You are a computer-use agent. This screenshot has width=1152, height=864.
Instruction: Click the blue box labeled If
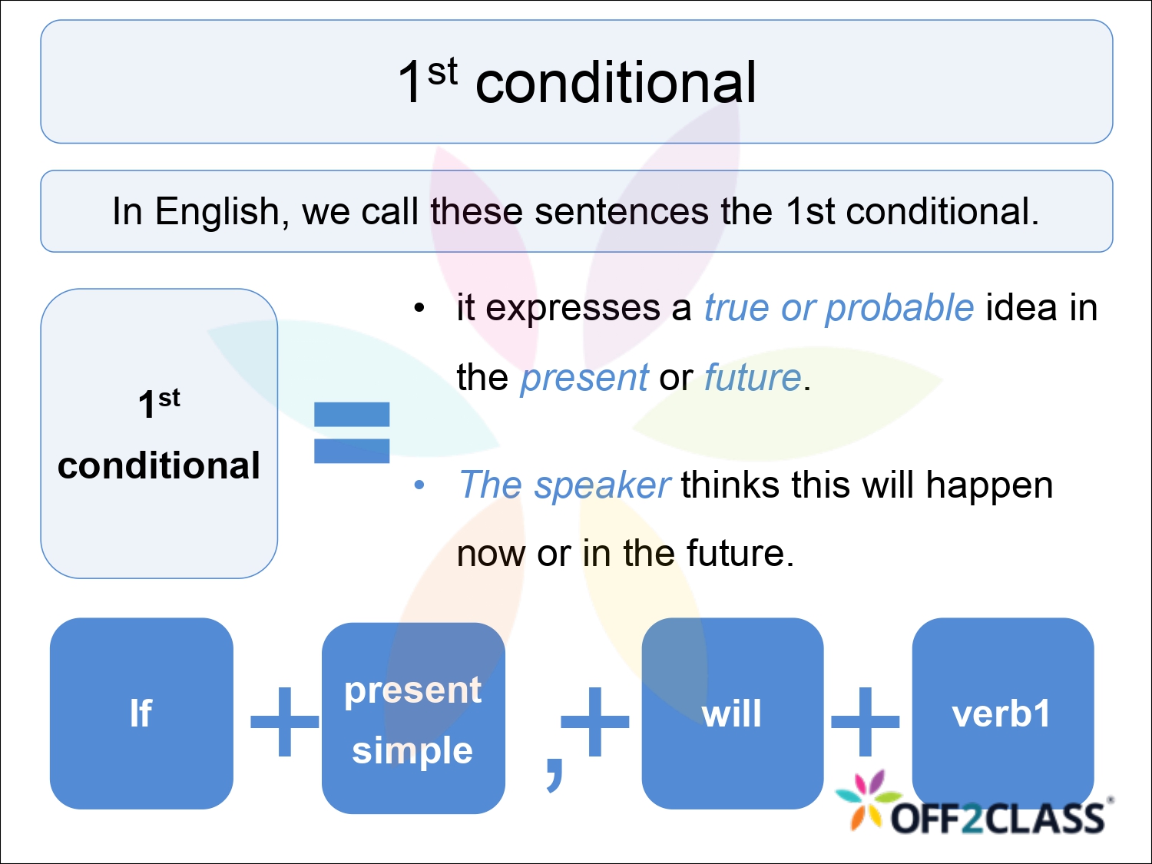pyautogui.click(x=141, y=713)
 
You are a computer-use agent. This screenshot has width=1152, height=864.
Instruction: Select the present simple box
pyautogui.click(x=413, y=718)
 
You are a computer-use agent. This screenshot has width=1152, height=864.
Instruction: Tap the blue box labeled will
pyautogui.click(x=732, y=713)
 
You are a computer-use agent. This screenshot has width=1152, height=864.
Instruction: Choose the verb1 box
pyautogui.click(x=1002, y=713)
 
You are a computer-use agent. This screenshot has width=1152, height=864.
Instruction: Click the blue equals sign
pyautogui.click(x=352, y=432)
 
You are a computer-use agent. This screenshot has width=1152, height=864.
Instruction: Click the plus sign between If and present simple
pyautogui.click(x=284, y=721)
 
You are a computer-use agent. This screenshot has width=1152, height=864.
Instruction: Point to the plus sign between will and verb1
pyautogui.click(x=866, y=721)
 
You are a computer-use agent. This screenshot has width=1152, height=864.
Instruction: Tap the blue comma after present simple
pyautogui.click(x=554, y=772)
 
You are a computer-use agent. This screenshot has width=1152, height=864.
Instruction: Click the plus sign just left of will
pyautogui.click(x=595, y=721)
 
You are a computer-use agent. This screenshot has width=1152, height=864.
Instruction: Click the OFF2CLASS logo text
pyautogui.click(x=998, y=819)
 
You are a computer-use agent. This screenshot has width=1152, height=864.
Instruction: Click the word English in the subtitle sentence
pyautogui.click(x=217, y=211)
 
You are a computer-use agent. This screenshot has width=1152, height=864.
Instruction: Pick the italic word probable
pyautogui.click(x=900, y=308)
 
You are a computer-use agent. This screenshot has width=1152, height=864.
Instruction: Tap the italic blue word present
pyautogui.click(x=584, y=378)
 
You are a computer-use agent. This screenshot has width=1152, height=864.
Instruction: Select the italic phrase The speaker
pyautogui.click(x=564, y=485)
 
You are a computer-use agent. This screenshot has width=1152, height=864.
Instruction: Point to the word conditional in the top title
pyautogui.click(x=616, y=83)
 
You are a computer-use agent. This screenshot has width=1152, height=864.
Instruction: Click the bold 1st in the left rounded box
pyautogui.click(x=159, y=402)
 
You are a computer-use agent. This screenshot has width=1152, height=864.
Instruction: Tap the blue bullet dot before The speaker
pyautogui.click(x=419, y=485)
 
